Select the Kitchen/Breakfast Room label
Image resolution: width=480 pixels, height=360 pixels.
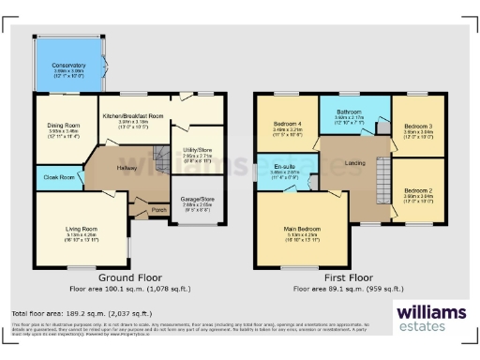click(x=132, y=115)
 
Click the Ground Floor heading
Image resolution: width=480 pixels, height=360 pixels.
click(x=129, y=278)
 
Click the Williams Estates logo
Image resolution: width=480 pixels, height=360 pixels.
click(x=430, y=316)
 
